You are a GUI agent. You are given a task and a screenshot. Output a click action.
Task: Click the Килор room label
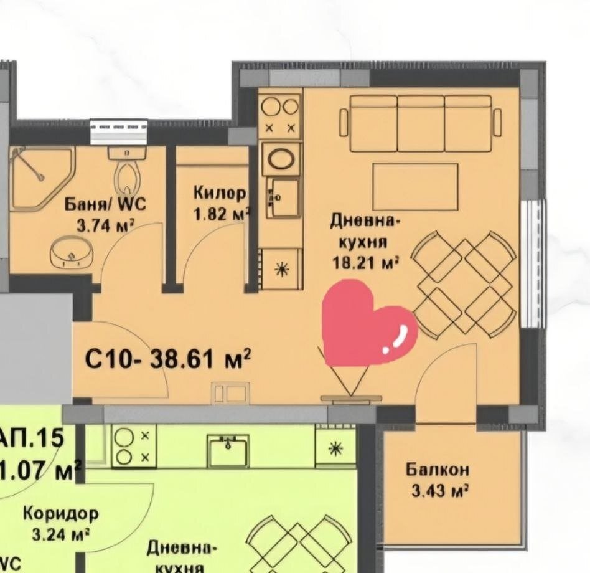click(220, 192)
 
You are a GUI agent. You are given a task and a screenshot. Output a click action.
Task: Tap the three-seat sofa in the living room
click(420, 123)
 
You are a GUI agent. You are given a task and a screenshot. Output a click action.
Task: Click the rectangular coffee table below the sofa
click(415, 186)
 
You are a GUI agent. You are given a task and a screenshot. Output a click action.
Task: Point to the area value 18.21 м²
click(365, 263)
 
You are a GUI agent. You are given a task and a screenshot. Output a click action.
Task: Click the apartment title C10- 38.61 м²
click(168, 359)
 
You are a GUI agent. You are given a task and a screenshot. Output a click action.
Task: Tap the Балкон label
click(437, 469)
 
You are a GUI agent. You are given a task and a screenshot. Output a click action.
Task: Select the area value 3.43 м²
click(439, 491)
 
